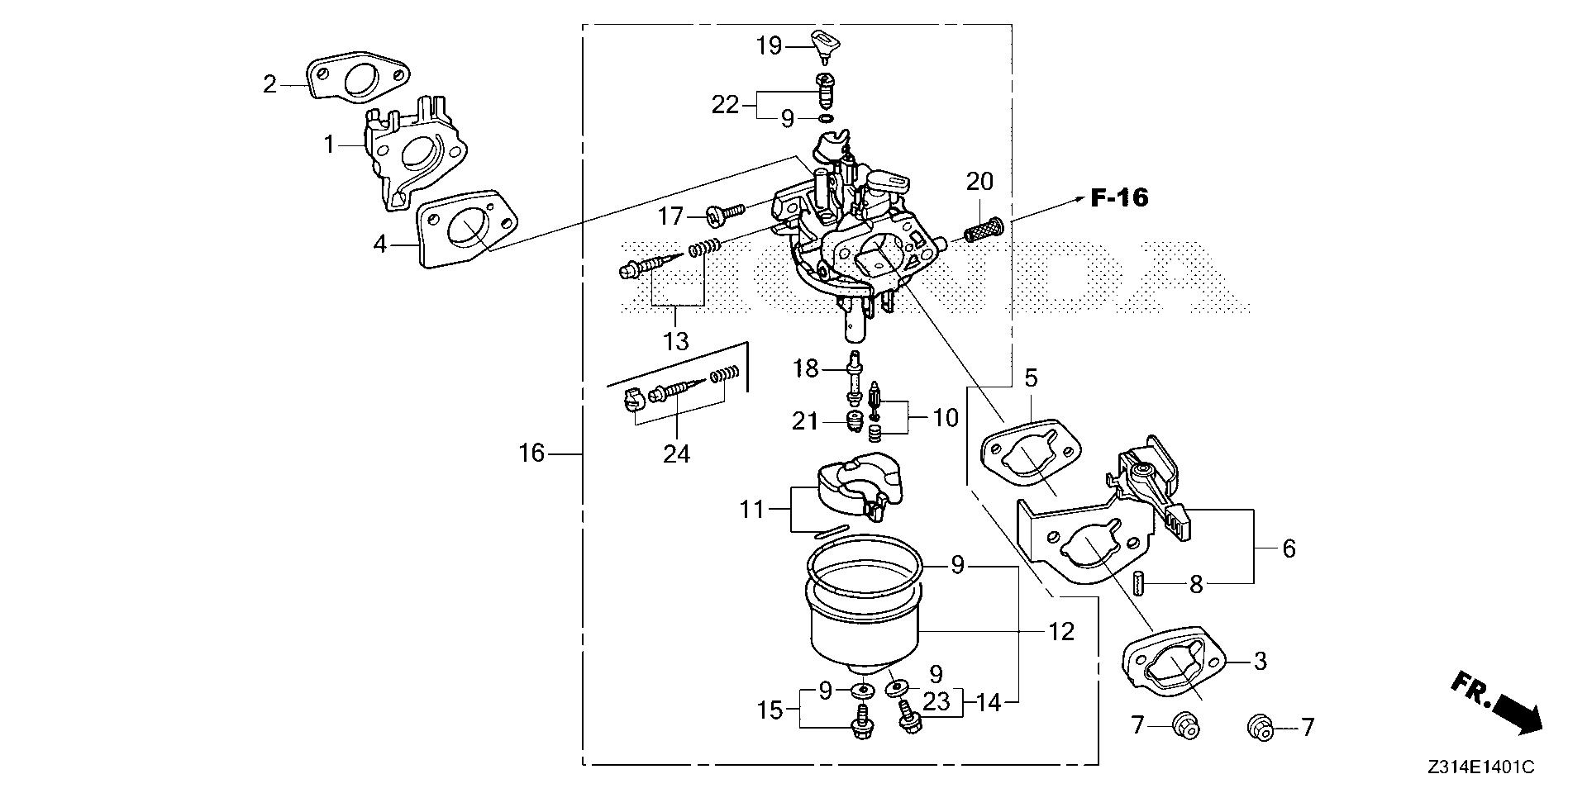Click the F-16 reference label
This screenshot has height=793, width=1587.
click(1119, 198)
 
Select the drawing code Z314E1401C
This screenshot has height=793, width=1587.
click(1480, 767)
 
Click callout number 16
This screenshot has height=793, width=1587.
click(532, 453)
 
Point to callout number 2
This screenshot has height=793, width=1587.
click(270, 83)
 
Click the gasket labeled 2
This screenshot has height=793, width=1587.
click(357, 79)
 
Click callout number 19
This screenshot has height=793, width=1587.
click(769, 45)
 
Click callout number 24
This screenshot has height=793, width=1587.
click(677, 454)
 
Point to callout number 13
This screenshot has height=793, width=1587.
click(676, 341)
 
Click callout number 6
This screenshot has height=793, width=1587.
click(1289, 548)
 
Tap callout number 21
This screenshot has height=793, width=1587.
click(804, 422)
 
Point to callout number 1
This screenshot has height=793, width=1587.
click(330, 145)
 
